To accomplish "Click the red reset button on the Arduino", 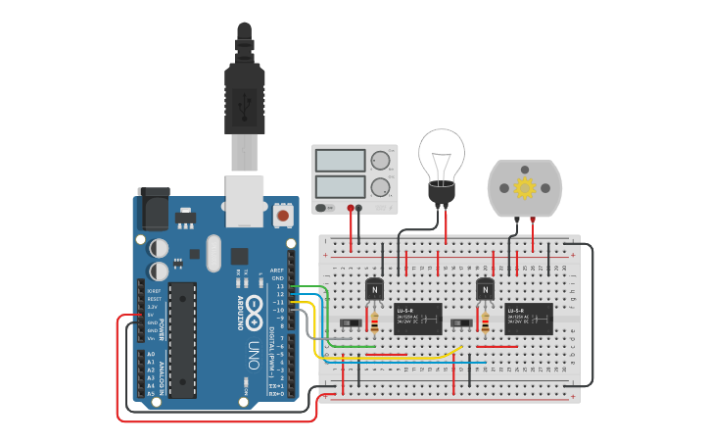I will point(282,214).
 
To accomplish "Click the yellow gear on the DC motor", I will point(525,187).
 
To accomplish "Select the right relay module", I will point(529,319).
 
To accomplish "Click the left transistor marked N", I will point(374,290).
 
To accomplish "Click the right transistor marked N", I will point(485,290).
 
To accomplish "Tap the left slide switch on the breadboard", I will point(348,322).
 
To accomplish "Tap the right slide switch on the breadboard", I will point(457,322).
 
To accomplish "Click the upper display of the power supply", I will point(340,160).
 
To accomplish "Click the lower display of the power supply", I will point(340,186).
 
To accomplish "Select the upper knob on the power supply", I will point(380,160).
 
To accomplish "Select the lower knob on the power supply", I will point(380,186).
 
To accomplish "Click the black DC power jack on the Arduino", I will point(153,210).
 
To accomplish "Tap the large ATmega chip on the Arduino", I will point(182,340).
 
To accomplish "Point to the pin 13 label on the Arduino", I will point(280,286).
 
